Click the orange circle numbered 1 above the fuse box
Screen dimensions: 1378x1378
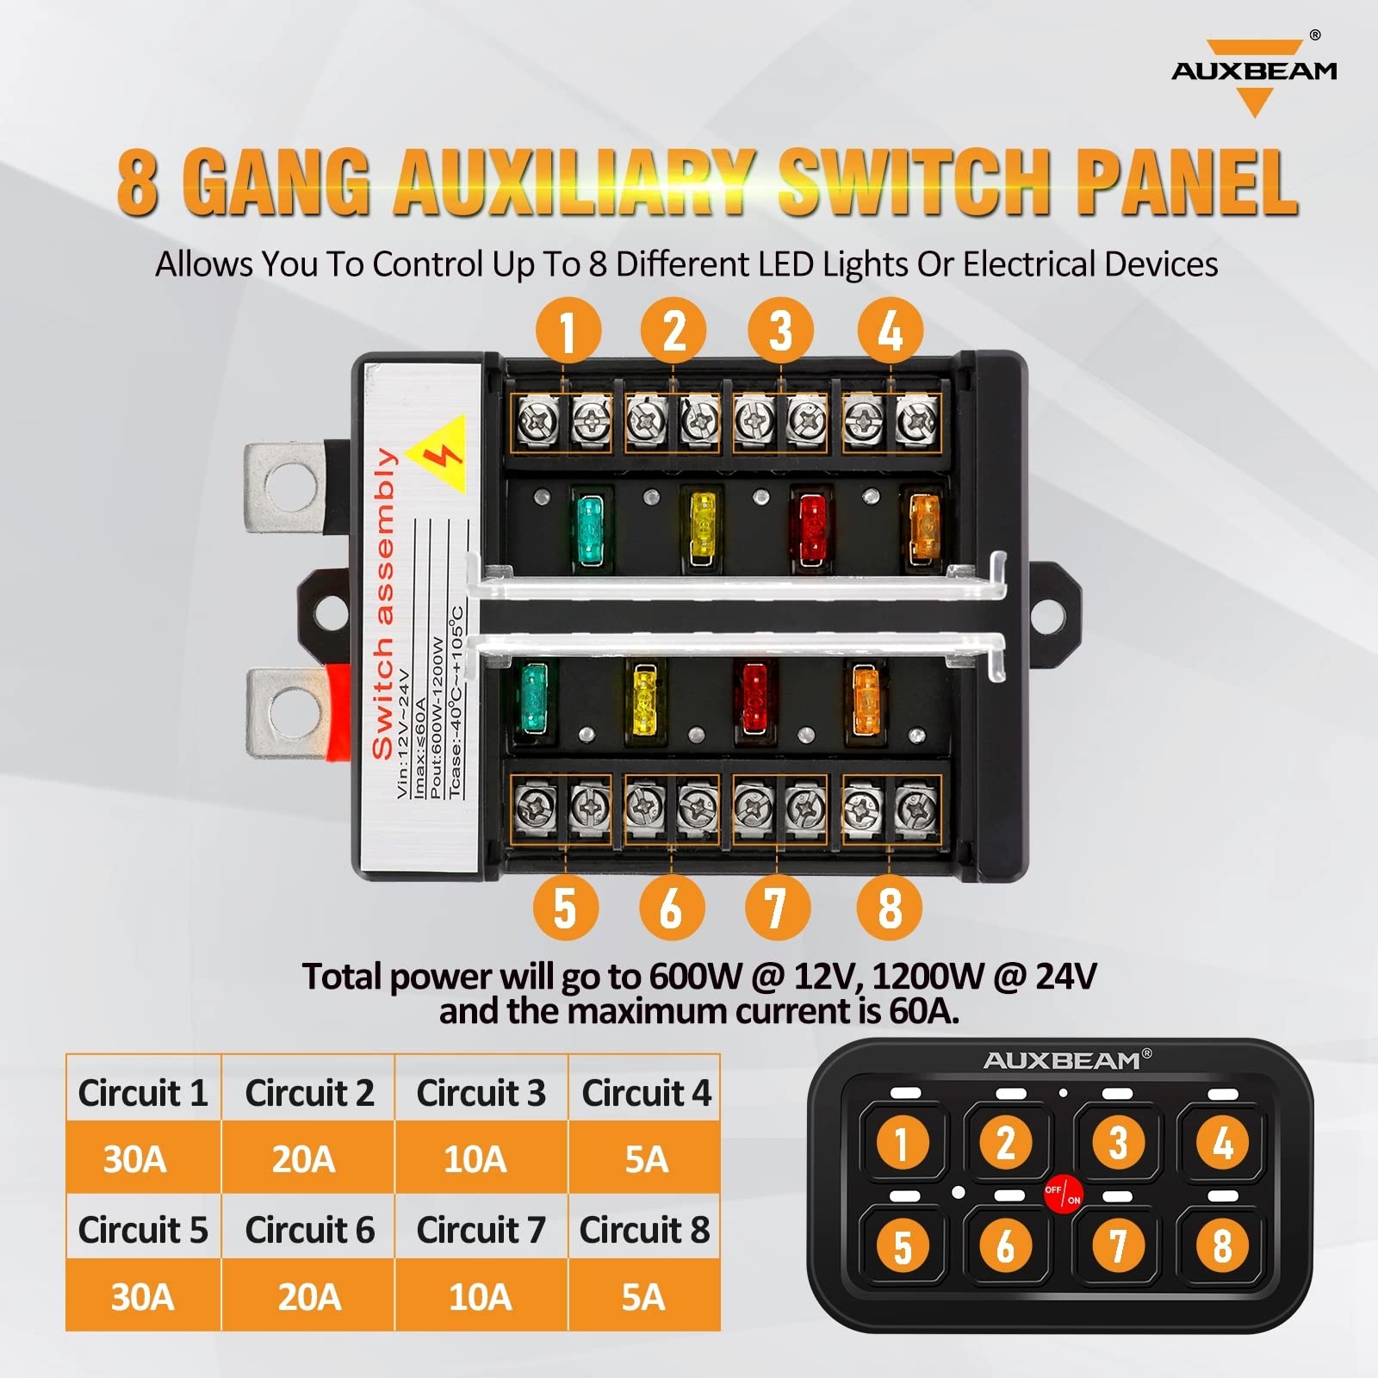tap(568, 331)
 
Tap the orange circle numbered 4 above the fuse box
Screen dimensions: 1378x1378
tap(890, 331)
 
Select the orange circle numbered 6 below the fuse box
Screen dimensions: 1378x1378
tap(672, 908)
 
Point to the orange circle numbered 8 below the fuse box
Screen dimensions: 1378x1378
tap(889, 908)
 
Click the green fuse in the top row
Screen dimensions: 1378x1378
tap(591, 530)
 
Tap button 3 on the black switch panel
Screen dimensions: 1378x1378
tap(1117, 1143)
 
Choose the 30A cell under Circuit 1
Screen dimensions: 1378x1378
tap(135, 1158)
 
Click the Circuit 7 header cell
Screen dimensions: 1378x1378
tap(481, 1229)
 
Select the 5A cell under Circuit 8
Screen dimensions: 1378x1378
tap(643, 1296)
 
